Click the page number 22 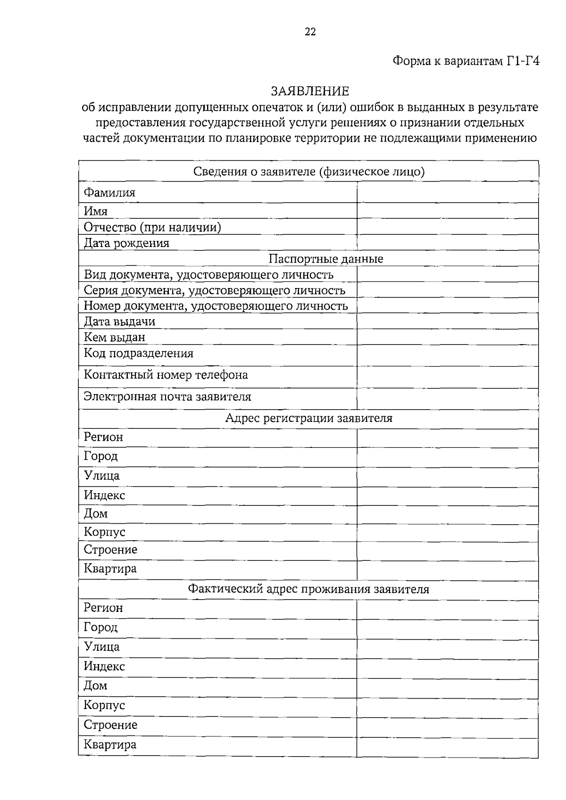pos(310,32)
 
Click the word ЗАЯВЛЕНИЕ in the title pos(309,91)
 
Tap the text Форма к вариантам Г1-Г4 pos(466,61)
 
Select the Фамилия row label pos(109,192)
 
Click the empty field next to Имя pos(447,211)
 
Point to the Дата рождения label pos(126,243)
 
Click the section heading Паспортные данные pos(325,259)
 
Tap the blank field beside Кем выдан pos(447,337)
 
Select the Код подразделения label pos(139,354)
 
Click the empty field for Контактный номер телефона pos(447,377)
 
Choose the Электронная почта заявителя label pos(167,396)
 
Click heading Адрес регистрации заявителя pos(308,419)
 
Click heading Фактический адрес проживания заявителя pos(308,589)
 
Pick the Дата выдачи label pos(119,322)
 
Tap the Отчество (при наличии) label pos(152,227)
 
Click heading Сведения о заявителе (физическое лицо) pos(308,172)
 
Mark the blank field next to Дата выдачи pos(447,321)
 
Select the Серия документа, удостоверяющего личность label pos(214,290)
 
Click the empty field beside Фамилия pos(447,192)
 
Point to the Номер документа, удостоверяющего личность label pos(216,306)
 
